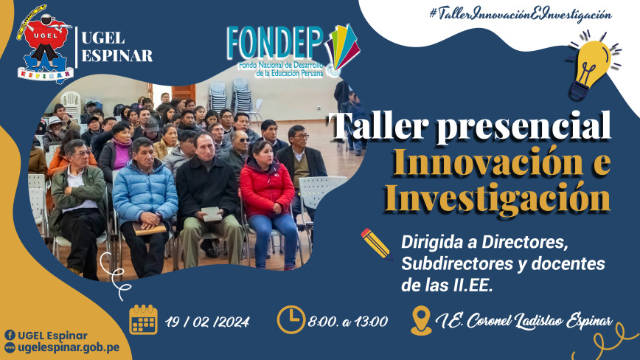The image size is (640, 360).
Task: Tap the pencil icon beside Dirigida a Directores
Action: [x=376, y=244]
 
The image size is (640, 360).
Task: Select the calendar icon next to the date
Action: [x=143, y=320]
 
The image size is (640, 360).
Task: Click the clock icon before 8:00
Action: [x=291, y=320]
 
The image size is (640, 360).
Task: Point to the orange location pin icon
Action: [x=421, y=321]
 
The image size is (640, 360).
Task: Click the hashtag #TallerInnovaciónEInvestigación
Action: [x=521, y=14]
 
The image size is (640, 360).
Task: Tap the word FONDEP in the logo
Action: [x=275, y=43]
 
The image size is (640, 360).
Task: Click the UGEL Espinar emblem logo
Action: [x=45, y=44]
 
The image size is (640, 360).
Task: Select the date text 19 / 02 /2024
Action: [x=207, y=322]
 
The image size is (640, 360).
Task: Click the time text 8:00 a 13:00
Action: [x=347, y=322]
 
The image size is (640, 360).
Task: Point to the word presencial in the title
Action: [x=524, y=126]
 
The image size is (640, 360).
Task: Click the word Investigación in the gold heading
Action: [x=498, y=198]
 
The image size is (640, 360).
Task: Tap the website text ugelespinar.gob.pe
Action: [x=69, y=347]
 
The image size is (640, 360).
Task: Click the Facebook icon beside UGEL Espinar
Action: [x=10, y=336]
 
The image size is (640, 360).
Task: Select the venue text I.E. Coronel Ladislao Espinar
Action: [x=524, y=321]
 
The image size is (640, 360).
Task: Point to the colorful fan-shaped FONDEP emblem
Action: [x=342, y=49]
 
